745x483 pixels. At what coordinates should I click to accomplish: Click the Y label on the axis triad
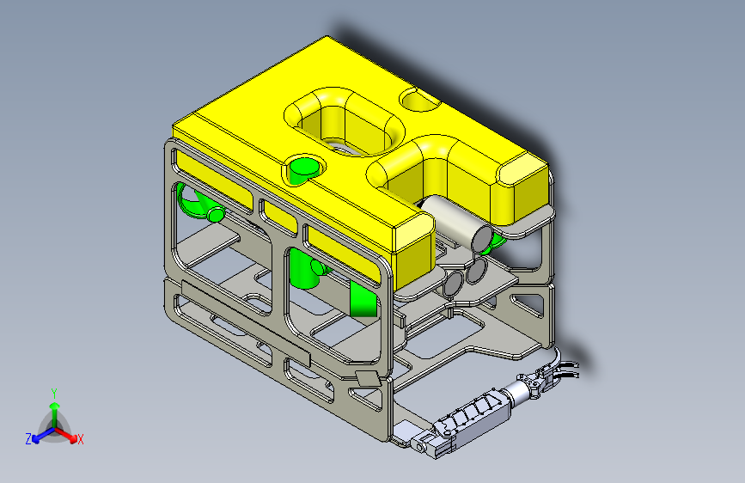54,394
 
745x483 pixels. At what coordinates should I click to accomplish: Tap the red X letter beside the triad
80,440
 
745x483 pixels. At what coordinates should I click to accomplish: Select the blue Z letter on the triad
28,439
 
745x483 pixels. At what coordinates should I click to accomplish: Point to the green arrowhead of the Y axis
55,407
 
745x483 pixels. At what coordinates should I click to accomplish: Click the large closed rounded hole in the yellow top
345,121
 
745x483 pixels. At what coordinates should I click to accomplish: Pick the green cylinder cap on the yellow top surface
304,168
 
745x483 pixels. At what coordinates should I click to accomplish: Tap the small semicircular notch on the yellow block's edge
419,100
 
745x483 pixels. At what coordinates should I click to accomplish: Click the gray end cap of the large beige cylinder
483,239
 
